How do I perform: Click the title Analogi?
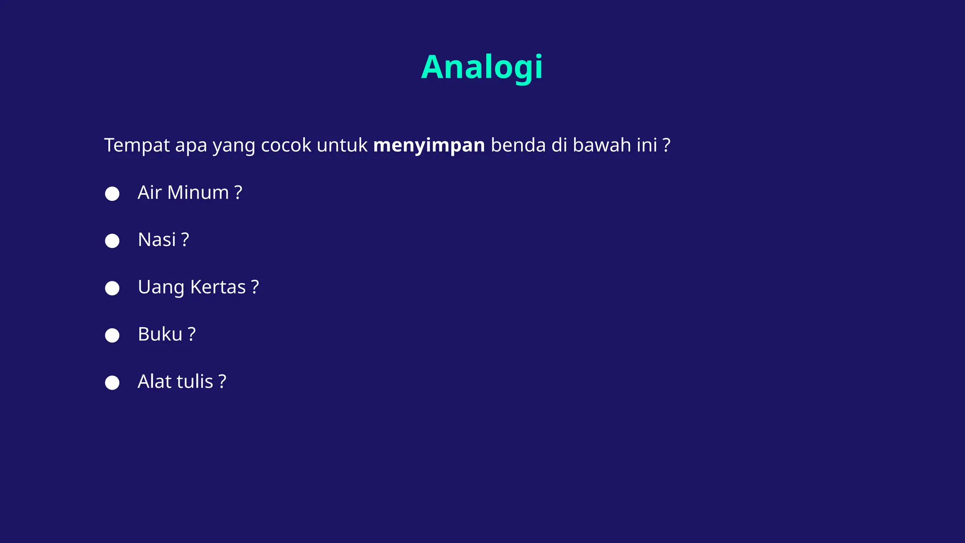point(482,67)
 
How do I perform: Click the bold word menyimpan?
point(429,146)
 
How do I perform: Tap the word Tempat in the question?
point(137,146)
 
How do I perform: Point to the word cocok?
point(286,146)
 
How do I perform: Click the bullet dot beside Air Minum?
point(112,194)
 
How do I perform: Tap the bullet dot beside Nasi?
point(112,241)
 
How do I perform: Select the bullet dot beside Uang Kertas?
point(112,288)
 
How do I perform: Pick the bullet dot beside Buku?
point(112,335)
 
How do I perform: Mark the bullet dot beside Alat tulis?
point(112,382)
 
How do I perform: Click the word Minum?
point(198,193)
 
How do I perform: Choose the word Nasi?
point(157,240)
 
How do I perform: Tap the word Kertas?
point(218,287)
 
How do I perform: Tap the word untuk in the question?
point(342,146)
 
